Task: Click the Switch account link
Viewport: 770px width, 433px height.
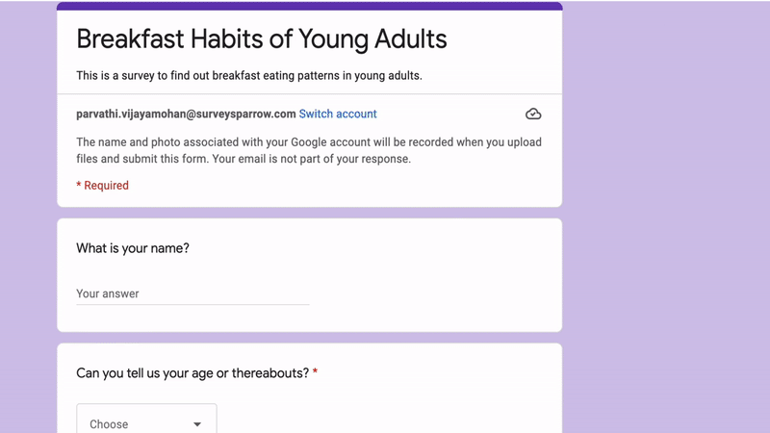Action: pyautogui.click(x=338, y=114)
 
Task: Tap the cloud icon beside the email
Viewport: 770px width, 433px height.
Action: pyautogui.click(x=533, y=114)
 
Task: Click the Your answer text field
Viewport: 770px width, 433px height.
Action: pyautogui.click(x=192, y=293)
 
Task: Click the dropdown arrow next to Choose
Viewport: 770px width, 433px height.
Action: pyautogui.click(x=197, y=424)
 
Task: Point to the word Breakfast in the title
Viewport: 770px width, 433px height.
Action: pyautogui.click(x=130, y=38)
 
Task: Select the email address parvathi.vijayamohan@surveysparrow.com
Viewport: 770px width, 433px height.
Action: pyautogui.click(x=186, y=114)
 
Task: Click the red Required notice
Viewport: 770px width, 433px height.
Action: pyautogui.click(x=103, y=186)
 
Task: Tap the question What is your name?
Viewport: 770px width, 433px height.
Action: pyautogui.click(x=133, y=248)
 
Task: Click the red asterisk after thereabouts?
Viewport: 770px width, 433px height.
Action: pyautogui.click(x=316, y=372)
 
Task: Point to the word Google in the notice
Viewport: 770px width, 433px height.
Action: pyautogui.click(x=309, y=142)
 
